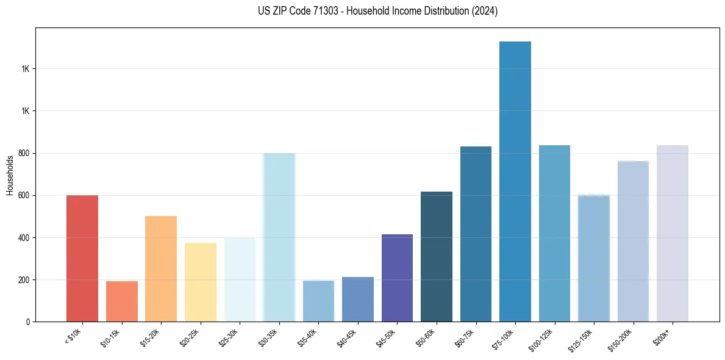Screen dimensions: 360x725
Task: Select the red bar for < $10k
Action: coord(82,259)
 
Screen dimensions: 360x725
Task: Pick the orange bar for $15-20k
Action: coord(161,269)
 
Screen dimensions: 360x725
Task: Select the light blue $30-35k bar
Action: coord(279,237)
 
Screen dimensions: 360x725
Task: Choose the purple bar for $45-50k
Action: coord(397,278)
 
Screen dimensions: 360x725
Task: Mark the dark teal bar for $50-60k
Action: coord(437,257)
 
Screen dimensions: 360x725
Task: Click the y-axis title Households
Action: coord(10,175)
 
